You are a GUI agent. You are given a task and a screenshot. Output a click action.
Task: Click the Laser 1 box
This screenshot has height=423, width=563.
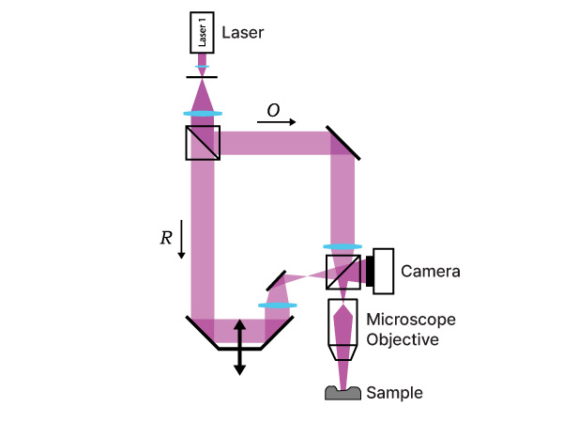[202, 34]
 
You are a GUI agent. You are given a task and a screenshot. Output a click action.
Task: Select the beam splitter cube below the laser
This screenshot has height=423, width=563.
[203, 143]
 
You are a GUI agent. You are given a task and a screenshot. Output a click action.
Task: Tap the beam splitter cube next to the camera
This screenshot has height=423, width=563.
[343, 271]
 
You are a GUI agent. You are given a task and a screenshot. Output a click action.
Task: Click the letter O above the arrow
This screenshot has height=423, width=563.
[273, 110]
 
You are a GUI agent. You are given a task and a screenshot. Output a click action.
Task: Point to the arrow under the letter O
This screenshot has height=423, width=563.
[277, 122]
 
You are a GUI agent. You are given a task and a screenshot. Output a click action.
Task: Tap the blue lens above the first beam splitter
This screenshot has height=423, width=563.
[203, 114]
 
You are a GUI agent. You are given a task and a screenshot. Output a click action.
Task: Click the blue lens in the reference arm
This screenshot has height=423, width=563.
[278, 305]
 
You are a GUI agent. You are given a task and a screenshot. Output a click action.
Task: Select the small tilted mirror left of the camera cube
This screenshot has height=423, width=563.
[275, 279]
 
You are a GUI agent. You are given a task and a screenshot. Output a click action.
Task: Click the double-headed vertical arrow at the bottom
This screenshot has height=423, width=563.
[239, 347]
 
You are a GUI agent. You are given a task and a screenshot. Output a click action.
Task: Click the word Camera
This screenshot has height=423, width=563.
[430, 272]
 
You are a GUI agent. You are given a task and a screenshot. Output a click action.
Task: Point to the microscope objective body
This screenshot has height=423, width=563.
[342, 329]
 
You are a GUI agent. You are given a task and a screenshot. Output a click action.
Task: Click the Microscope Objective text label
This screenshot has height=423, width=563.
[402, 329]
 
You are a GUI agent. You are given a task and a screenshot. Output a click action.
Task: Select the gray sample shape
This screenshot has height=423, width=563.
[343, 393]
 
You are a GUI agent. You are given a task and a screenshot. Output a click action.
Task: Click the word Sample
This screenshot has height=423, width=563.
[394, 393]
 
